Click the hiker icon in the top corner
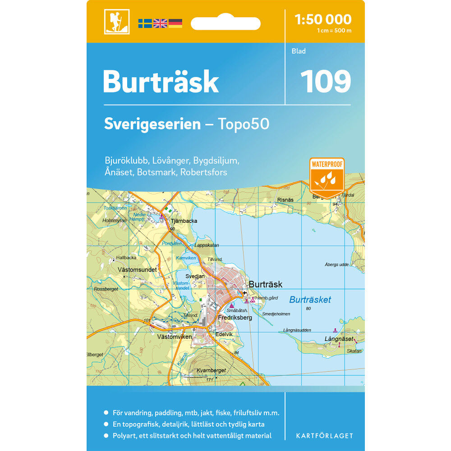pos(116,22)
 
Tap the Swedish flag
pos(145,23)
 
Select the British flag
pos(160,23)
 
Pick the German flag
pos(175,23)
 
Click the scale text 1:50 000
pos(322,19)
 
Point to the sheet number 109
pos(326,82)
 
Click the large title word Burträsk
pos(161,82)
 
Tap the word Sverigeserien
pos(152,124)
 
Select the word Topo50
pos(244,124)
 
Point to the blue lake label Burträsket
pos(310,299)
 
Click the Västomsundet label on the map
pos(137,270)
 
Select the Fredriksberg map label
pos(235,318)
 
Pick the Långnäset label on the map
pos(338,338)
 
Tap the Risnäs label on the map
pos(285,200)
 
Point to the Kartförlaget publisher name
pos(324,436)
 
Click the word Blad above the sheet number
pos(299,51)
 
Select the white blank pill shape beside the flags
pos(225,23)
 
